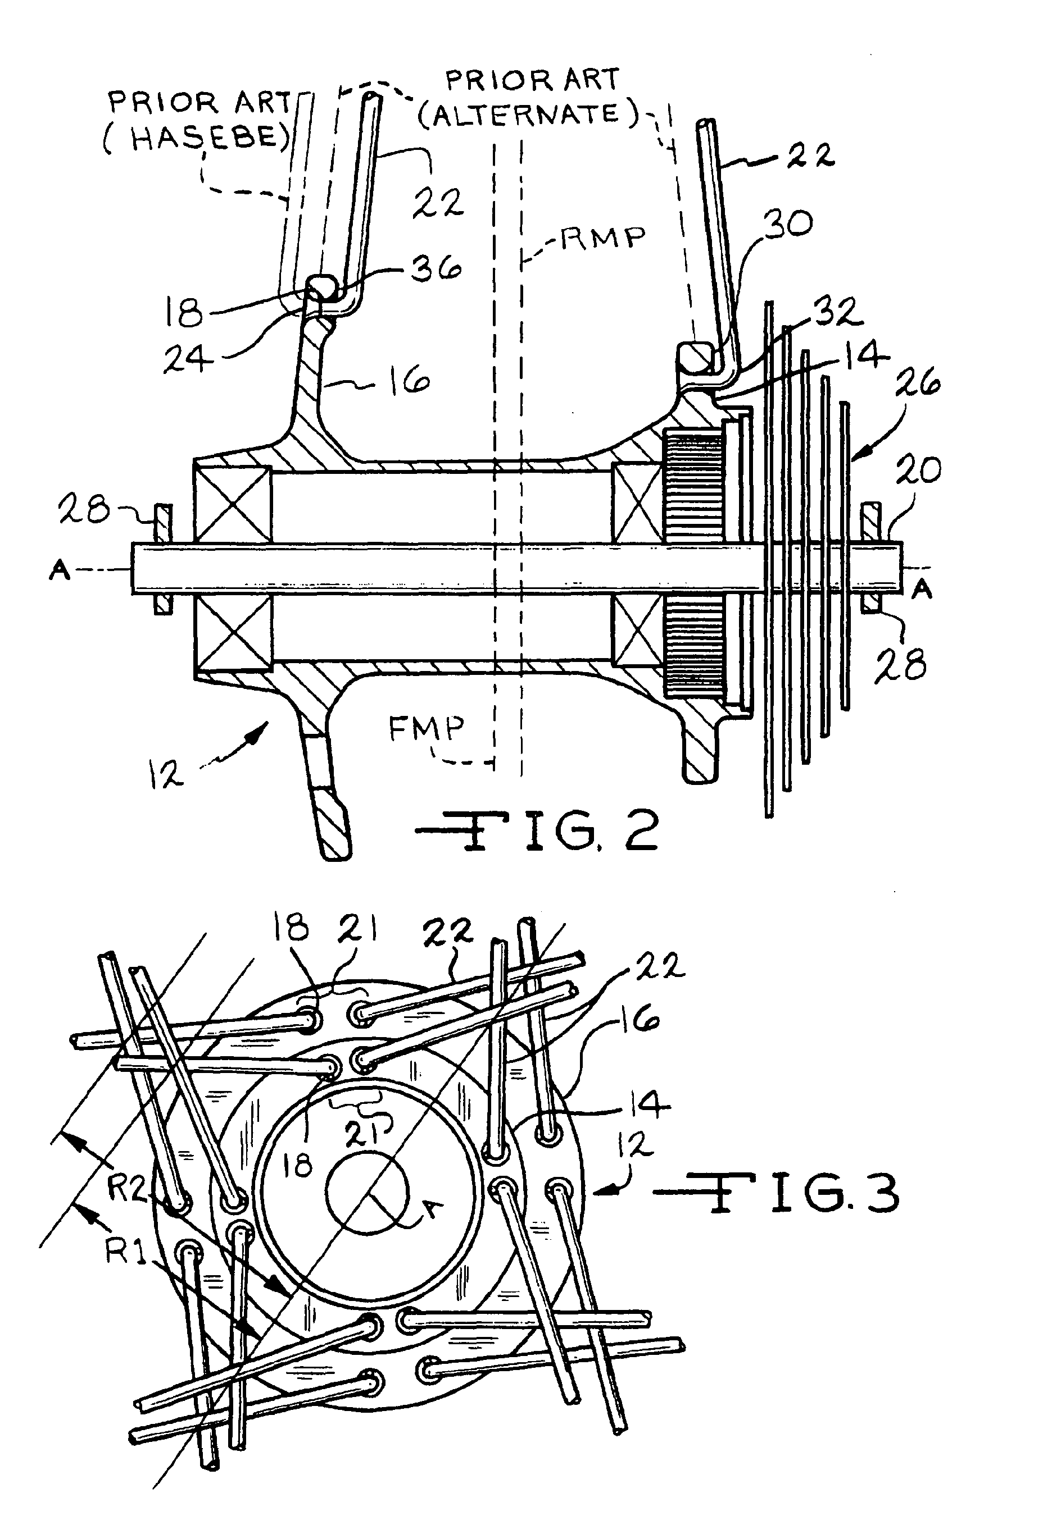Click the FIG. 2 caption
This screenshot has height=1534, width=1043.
point(536,830)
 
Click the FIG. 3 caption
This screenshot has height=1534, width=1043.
point(777,1191)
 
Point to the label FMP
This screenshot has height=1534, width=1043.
point(426,729)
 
